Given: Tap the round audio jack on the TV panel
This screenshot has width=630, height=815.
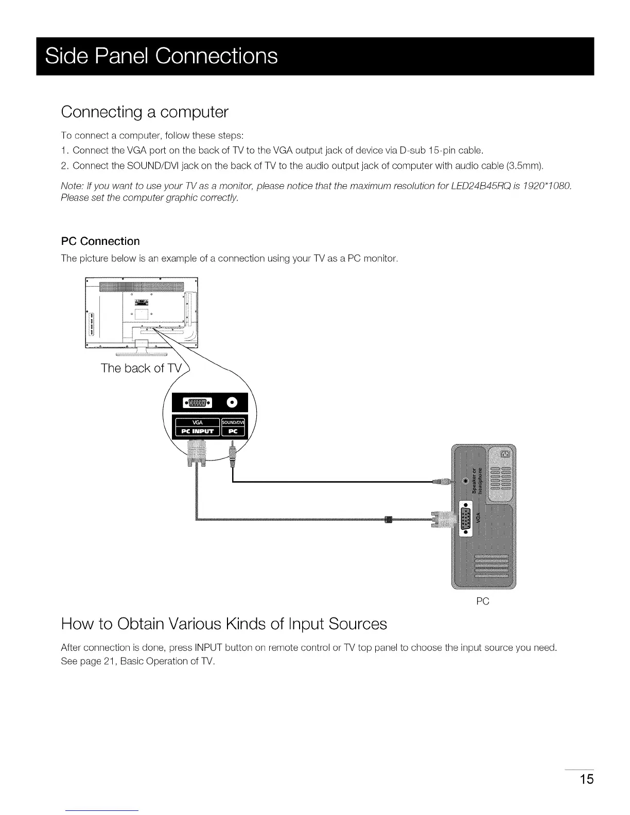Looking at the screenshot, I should click(x=232, y=402).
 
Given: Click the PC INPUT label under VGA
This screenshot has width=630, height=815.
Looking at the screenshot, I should click(x=197, y=432).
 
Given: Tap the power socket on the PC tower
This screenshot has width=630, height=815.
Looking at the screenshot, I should click(x=505, y=453).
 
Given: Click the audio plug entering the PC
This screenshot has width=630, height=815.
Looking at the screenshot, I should click(x=443, y=481).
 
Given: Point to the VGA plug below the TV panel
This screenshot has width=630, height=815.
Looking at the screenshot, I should click(x=197, y=455).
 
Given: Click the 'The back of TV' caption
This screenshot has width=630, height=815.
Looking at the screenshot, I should click(x=142, y=368).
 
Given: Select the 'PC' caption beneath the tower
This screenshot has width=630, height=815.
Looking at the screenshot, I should click(x=482, y=601).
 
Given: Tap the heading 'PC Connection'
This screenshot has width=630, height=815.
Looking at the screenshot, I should click(x=100, y=241).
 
